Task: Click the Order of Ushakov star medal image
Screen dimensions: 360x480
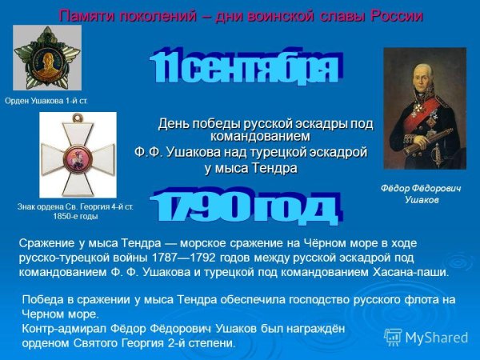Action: coord(46,58)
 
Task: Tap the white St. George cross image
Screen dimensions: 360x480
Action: coord(77,154)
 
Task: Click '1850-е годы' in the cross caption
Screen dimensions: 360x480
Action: coord(75,216)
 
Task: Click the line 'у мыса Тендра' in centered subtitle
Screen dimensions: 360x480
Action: coord(250,168)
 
